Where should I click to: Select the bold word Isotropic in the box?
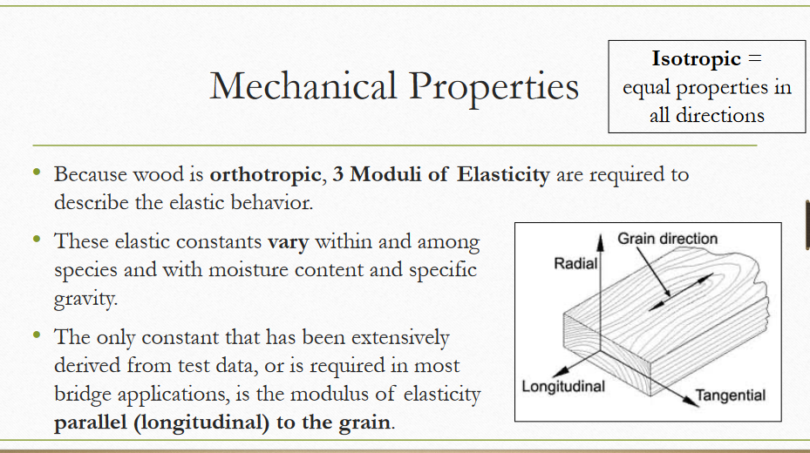tap(696, 59)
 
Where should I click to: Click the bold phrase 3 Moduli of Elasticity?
tap(441, 174)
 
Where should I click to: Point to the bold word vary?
tap(288, 241)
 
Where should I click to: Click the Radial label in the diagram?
tap(574, 263)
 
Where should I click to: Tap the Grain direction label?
tap(667, 239)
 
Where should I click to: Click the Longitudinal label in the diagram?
tap(562, 386)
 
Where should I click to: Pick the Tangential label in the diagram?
tap(731, 396)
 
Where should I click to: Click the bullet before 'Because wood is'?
tap(37, 173)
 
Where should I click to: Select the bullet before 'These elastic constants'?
tap(37, 240)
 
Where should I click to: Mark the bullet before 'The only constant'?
tap(37, 335)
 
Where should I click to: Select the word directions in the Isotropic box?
tap(706, 115)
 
